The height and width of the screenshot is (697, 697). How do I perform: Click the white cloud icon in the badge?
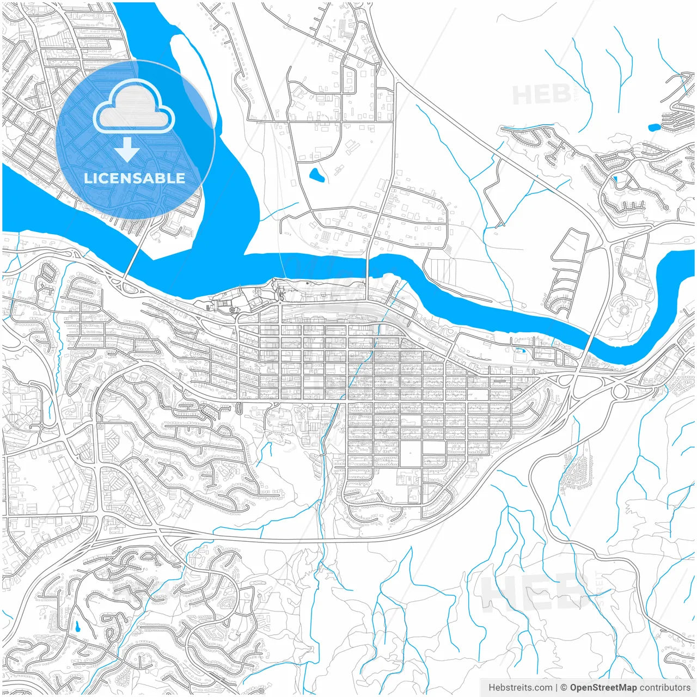(133, 107)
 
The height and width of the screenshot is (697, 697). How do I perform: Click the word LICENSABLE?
(134, 178)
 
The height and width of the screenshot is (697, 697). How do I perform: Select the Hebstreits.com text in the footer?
(520, 688)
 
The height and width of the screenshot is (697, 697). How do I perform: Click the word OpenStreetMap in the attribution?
(603, 688)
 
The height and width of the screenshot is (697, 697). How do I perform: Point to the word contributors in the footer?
(665, 688)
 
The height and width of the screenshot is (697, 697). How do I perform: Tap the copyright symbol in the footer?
(564, 688)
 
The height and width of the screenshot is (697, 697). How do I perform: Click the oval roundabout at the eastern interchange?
(620, 390)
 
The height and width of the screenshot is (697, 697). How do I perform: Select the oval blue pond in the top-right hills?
(654, 128)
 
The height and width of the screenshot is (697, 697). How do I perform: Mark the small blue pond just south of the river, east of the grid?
(521, 350)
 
